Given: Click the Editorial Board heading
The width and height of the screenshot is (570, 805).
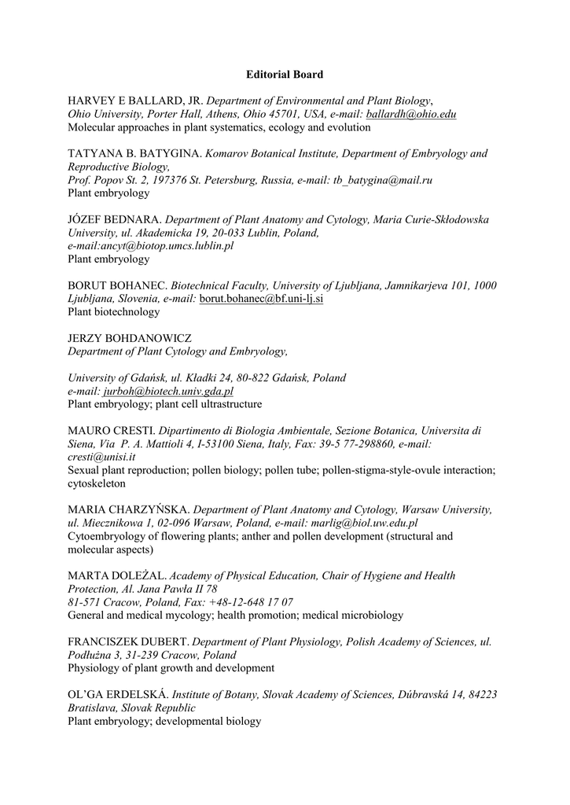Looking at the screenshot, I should click(284, 75).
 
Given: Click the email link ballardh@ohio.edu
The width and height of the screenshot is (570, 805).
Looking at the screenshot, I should click(411, 114).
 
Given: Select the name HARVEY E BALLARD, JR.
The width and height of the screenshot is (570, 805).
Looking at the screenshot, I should click(135, 101).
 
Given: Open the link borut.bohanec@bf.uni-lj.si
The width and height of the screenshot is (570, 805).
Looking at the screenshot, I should click(261, 299).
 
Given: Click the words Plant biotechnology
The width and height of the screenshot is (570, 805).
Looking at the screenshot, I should click(114, 312).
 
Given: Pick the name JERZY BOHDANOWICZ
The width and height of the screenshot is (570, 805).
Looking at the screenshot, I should click(130, 338).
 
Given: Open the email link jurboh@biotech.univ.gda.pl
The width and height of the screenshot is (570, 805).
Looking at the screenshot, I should click(168, 391).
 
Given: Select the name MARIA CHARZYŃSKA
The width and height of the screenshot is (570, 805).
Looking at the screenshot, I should click(129, 510).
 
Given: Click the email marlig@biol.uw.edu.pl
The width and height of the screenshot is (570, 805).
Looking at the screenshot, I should click(357, 523).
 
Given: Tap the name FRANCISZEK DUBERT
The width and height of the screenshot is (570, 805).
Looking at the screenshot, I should click(128, 642).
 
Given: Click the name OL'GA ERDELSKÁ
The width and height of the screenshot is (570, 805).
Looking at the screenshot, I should click(118, 695).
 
